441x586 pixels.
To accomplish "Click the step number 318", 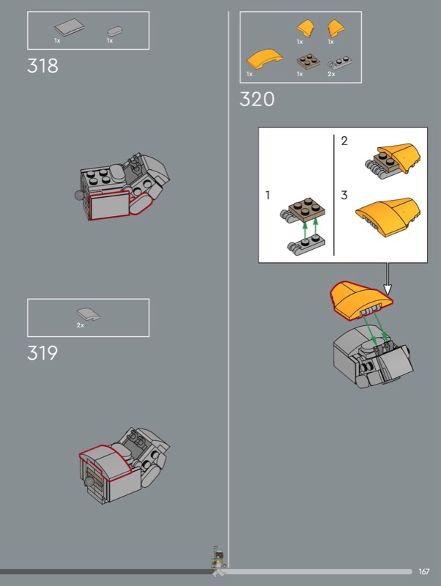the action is tap(42, 66).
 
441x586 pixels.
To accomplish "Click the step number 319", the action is tap(42, 353).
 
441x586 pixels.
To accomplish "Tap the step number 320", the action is tap(257, 99).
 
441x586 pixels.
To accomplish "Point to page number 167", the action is tap(424, 571).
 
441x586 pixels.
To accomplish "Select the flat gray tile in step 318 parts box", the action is tap(69, 27).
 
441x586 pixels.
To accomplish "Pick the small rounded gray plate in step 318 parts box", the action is tap(115, 31).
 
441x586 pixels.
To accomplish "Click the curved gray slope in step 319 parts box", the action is tap(88, 315).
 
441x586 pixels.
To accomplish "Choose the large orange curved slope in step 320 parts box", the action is tap(264, 59).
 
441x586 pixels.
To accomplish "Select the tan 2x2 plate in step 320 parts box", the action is tap(308, 62).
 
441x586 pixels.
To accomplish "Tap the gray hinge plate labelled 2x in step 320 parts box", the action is tap(340, 63).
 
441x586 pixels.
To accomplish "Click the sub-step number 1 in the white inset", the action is tap(267, 195).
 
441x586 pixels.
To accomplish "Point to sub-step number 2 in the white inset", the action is tap(344, 141).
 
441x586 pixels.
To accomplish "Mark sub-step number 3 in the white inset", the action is tap(344, 195).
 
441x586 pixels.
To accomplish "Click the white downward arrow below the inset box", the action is tap(388, 278).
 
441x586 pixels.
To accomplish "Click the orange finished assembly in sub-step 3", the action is tap(388, 216).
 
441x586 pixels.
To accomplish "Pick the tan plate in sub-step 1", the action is tap(307, 207).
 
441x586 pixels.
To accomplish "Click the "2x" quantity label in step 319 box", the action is tap(81, 325).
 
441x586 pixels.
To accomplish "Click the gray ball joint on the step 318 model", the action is tap(79, 195).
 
